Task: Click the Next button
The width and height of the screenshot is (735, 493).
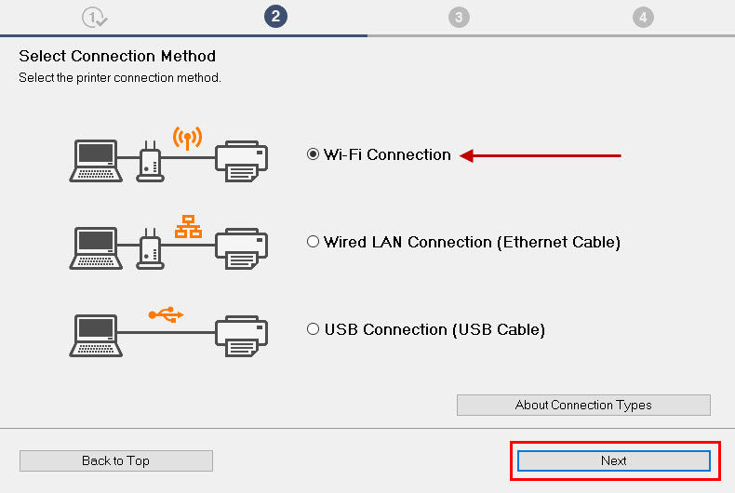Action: [x=613, y=460]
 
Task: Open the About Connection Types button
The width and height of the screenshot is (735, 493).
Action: [x=583, y=405]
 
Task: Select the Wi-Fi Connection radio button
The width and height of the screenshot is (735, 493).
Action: [x=314, y=155]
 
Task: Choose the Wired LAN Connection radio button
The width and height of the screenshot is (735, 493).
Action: [x=314, y=242]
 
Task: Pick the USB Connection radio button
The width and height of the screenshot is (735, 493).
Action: [x=314, y=329]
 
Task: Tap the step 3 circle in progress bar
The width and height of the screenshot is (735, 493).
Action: [x=458, y=17]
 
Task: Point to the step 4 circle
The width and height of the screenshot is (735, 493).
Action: [x=642, y=17]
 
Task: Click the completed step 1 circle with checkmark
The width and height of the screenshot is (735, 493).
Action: [x=94, y=17]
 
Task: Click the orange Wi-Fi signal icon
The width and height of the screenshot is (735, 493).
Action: [x=187, y=139]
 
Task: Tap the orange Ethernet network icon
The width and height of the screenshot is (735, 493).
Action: [x=188, y=226]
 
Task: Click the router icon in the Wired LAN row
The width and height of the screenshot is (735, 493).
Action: [x=150, y=249]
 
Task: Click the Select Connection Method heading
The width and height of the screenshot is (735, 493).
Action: [x=117, y=56]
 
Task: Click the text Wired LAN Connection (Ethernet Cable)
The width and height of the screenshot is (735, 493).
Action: [x=472, y=242]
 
